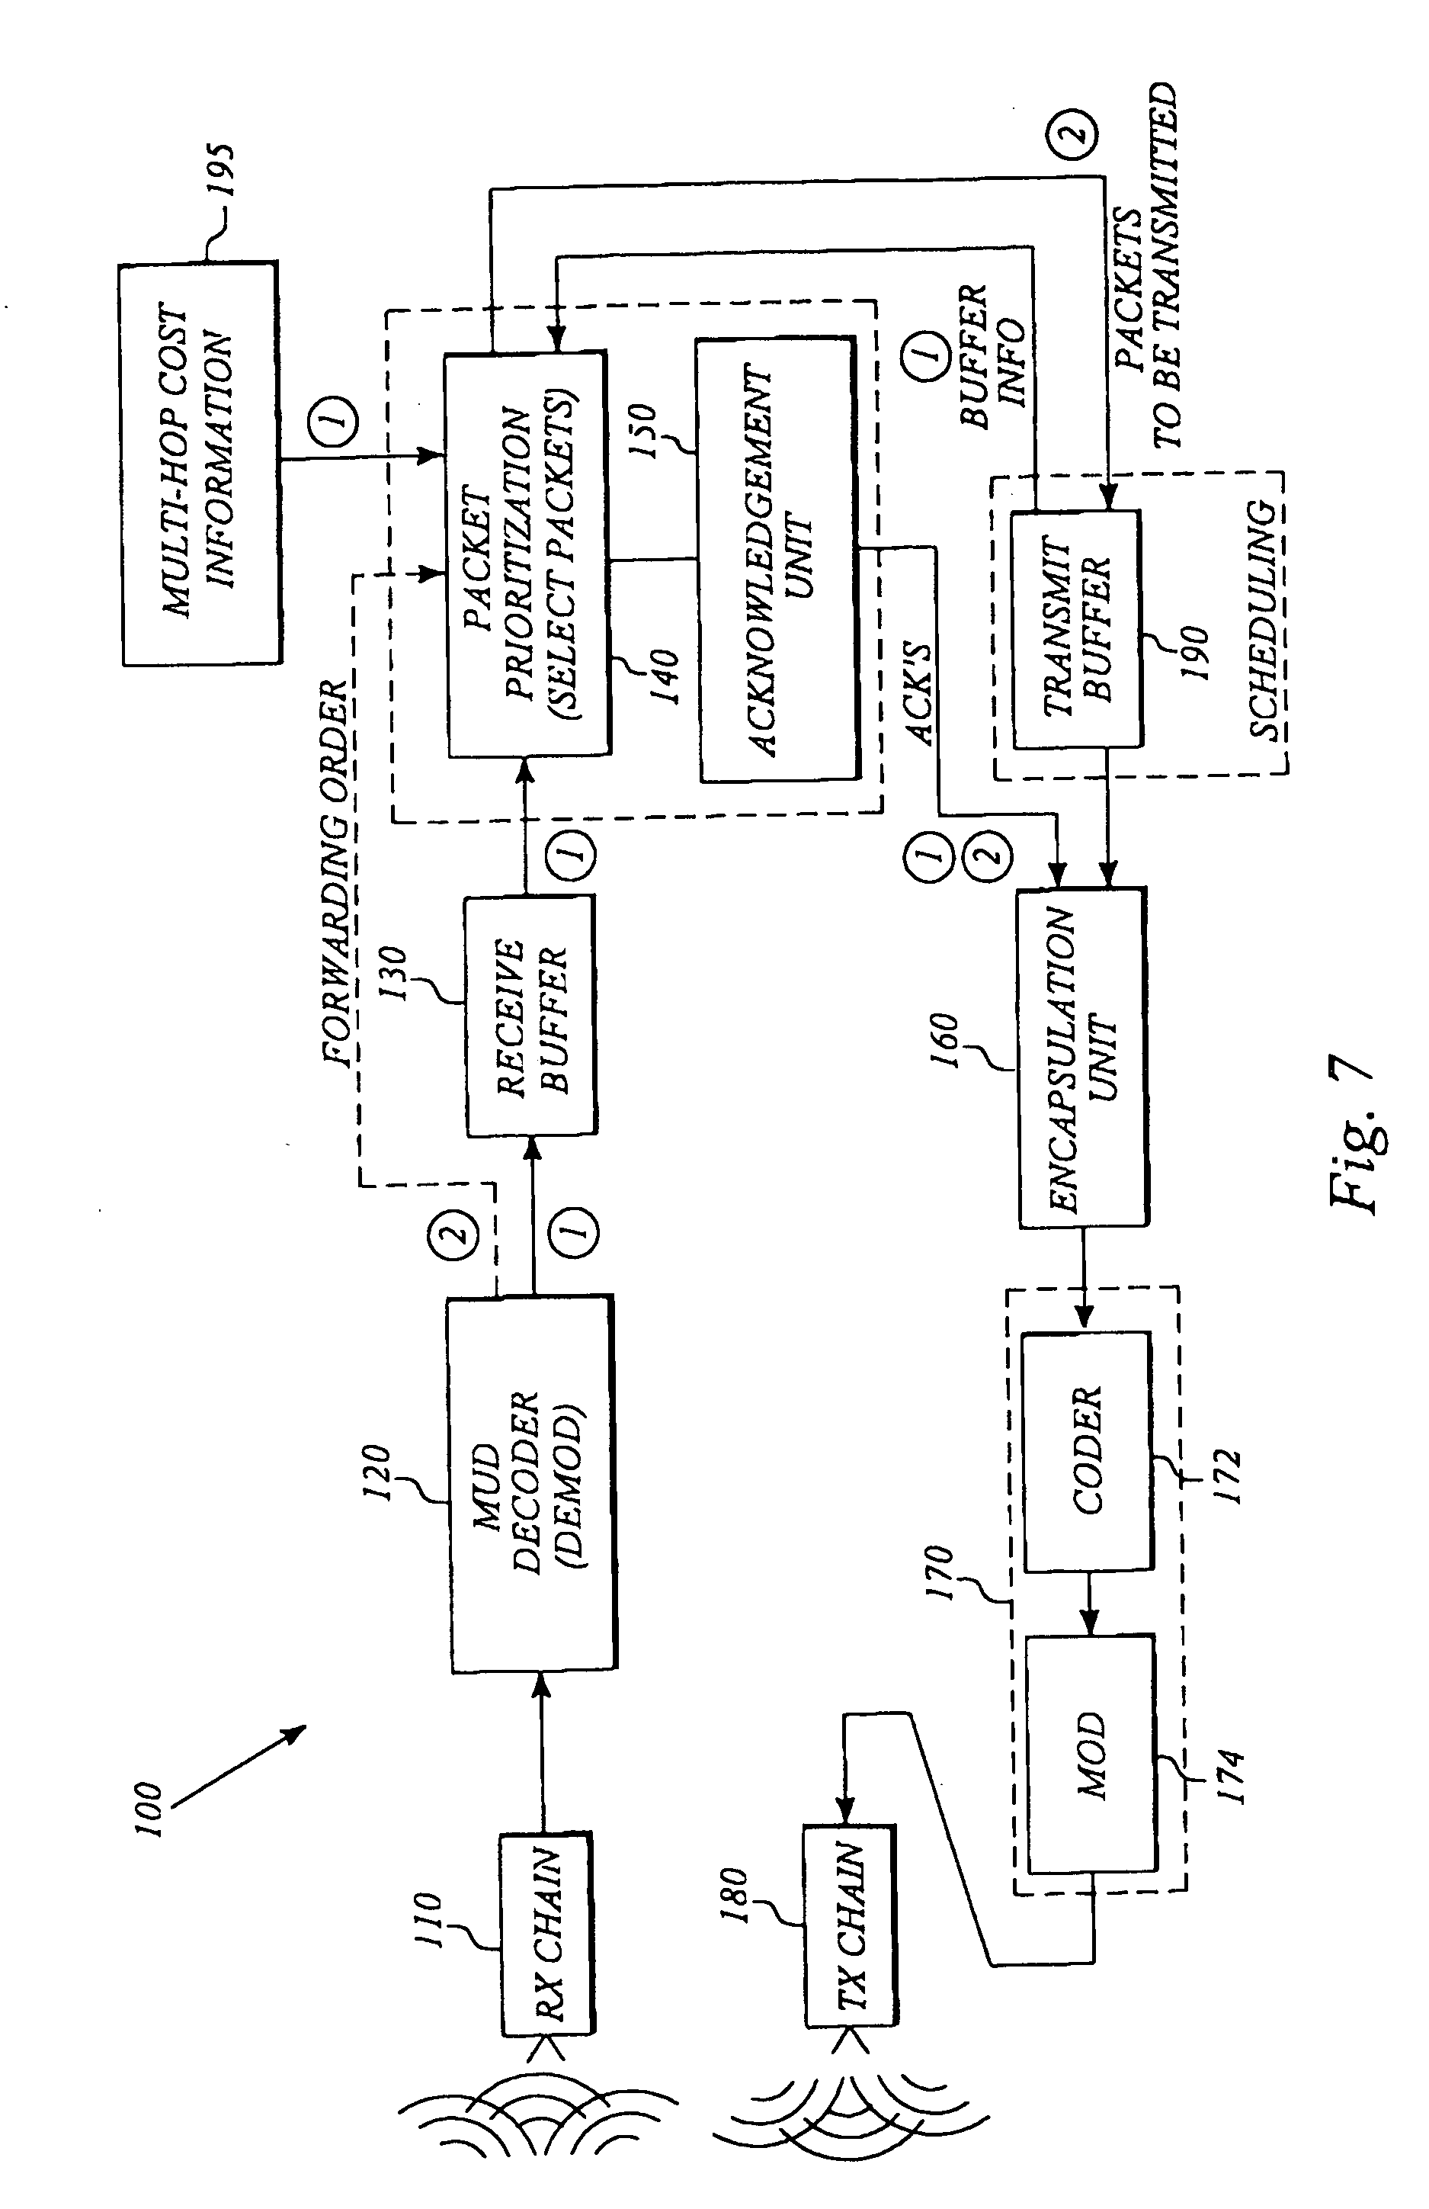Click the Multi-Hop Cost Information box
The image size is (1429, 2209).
tap(200, 464)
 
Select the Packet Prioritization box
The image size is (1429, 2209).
tap(526, 555)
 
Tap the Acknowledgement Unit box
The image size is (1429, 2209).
tap(777, 560)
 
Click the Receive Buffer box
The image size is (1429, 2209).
tap(530, 1016)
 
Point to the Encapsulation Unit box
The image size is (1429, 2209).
tap(1082, 1058)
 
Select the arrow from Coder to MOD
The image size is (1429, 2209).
tap(1091, 1601)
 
